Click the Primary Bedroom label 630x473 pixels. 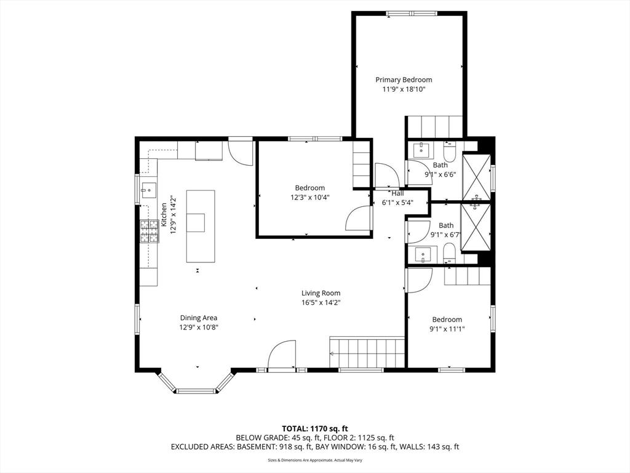(404, 79)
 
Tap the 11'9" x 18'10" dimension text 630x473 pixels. (404, 89)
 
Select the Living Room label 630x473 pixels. (321, 293)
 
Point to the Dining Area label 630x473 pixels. (199, 318)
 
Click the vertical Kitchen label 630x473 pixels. (164, 215)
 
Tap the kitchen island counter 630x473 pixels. (201, 227)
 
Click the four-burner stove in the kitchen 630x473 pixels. (149, 232)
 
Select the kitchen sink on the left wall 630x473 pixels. (149, 190)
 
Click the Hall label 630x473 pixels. (397, 193)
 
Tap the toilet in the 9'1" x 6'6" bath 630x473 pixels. (449, 151)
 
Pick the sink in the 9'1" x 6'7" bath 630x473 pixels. (423, 255)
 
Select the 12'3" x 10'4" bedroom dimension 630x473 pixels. (310, 198)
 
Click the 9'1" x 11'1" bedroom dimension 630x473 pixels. (447, 329)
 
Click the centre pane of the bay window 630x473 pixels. (196, 390)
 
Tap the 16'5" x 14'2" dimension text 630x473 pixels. (321, 303)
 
